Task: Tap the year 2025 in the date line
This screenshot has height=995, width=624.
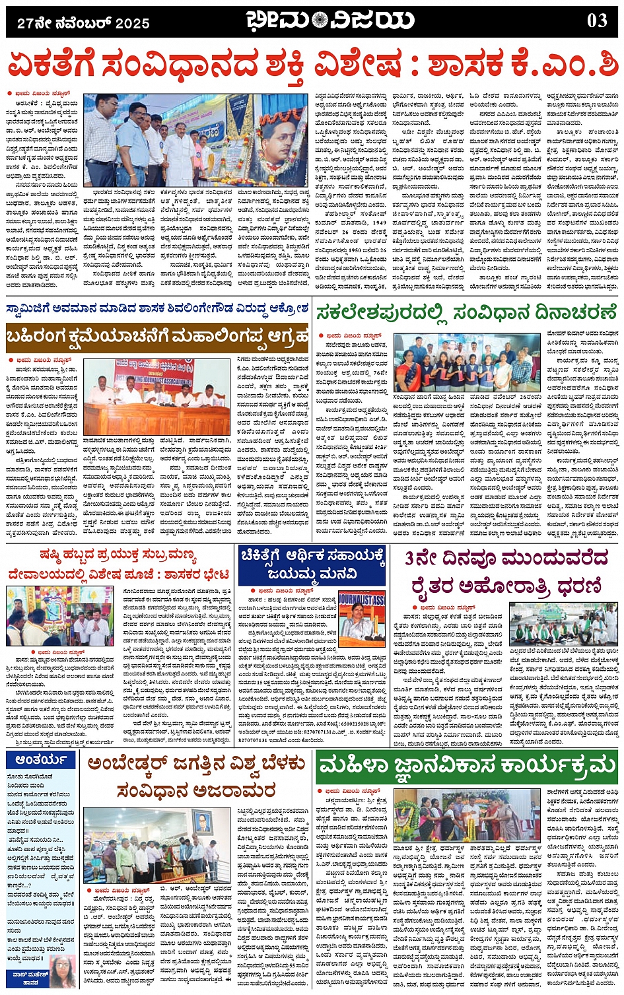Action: point(132,24)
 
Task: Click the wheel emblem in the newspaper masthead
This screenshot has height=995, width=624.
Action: point(320,21)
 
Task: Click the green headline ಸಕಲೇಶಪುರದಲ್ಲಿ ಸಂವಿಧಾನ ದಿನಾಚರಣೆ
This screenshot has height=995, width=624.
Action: point(466,313)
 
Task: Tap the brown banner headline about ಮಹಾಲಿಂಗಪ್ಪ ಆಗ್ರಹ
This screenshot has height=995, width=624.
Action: point(157,337)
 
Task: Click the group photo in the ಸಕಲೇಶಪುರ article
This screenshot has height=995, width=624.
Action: point(466,364)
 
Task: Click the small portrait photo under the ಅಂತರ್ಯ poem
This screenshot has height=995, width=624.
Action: point(62,971)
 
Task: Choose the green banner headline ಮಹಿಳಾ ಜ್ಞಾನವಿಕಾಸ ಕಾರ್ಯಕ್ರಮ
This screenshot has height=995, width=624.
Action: point(466,767)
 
